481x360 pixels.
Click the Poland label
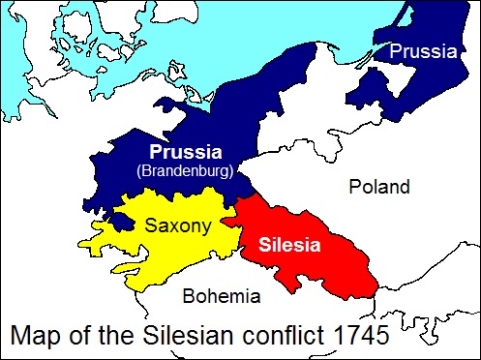click(x=379, y=187)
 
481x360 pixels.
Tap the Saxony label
click(x=176, y=225)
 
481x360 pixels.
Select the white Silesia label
click(x=291, y=244)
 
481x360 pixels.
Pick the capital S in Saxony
click(x=152, y=225)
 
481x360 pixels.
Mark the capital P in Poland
click(x=356, y=187)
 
